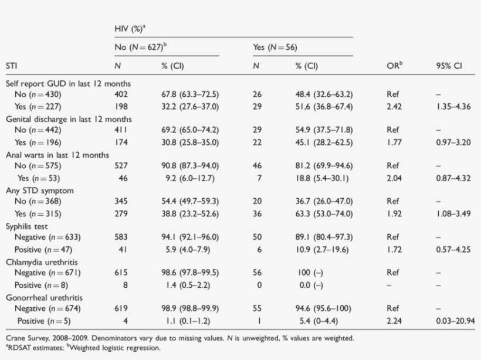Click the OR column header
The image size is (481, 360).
[x=394, y=66]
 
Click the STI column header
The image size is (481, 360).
[x=11, y=66]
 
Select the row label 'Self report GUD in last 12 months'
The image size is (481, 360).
[x=68, y=84]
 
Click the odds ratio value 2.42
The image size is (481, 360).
[x=394, y=106]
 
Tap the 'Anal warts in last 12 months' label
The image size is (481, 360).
[x=57, y=155]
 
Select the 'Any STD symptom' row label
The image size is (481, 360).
[x=40, y=191]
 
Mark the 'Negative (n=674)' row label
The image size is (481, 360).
[x=48, y=308]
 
